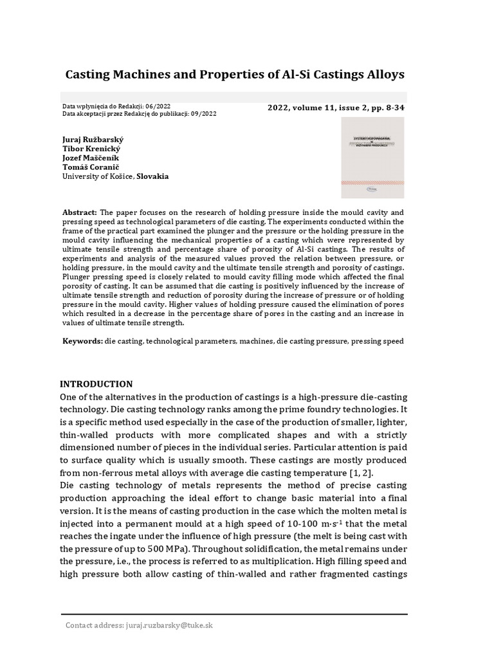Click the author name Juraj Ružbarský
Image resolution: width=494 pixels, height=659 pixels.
[93, 138]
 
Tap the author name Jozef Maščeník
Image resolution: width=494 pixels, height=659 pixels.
[91, 158]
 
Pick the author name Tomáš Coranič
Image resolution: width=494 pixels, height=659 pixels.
[89, 167]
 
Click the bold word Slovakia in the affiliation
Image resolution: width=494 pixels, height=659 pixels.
[152, 176]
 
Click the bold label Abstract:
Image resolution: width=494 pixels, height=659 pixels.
[80, 212]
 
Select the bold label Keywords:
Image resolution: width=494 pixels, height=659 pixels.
[82, 341]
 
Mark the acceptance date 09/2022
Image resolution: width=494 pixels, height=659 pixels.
[204, 114]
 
